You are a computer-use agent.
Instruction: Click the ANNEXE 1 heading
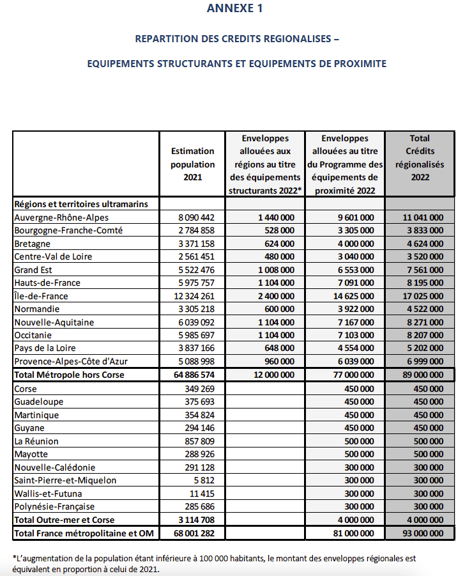tap(234, 8)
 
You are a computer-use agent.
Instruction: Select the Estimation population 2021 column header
tap(193, 164)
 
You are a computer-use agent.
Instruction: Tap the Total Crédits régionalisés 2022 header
tap(420, 157)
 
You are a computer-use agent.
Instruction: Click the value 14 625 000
tap(356, 296)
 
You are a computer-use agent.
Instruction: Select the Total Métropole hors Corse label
tap(69, 375)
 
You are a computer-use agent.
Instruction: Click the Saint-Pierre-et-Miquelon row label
tap(65, 480)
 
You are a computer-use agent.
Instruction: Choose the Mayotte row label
tap(31, 454)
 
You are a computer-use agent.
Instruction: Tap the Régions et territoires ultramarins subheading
tap(81, 204)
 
